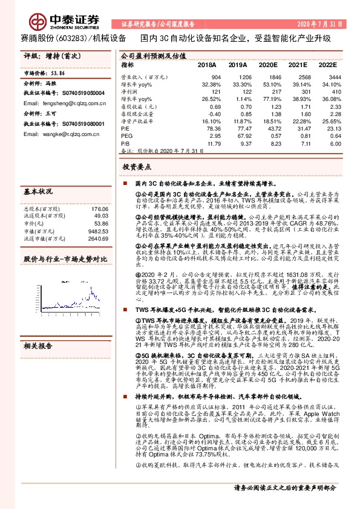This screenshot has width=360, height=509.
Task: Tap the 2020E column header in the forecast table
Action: point(267,64)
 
